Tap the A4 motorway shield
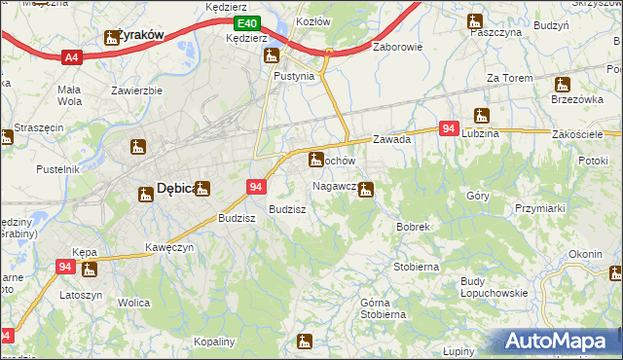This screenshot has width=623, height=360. click(x=71, y=58)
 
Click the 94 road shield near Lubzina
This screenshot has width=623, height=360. click(x=449, y=128)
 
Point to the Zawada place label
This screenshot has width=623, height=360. click(x=391, y=139)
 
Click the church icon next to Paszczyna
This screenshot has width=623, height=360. click(x=475, y=19)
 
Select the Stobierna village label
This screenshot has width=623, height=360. click(x=416, y=266)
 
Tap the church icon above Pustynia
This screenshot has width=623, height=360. click(x=272, y=55)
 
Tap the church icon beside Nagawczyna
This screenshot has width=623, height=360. click(x=365, y=189)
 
